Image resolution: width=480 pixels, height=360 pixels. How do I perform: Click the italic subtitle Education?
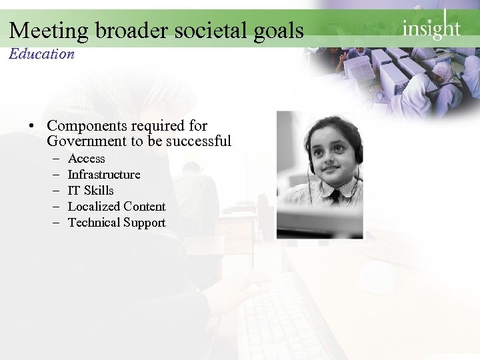(x=41, y=54)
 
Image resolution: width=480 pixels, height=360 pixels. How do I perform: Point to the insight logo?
(x=431, y=29)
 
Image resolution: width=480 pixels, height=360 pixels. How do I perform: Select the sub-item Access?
(x=87, y=159)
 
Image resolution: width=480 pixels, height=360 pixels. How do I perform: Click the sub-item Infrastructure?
(x=104, y=175)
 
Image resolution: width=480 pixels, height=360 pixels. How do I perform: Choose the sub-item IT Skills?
(x=91, y=191)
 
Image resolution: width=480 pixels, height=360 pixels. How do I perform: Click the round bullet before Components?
(x=31, y=126)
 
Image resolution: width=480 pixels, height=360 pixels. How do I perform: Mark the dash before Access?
(x=53, y=159)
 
